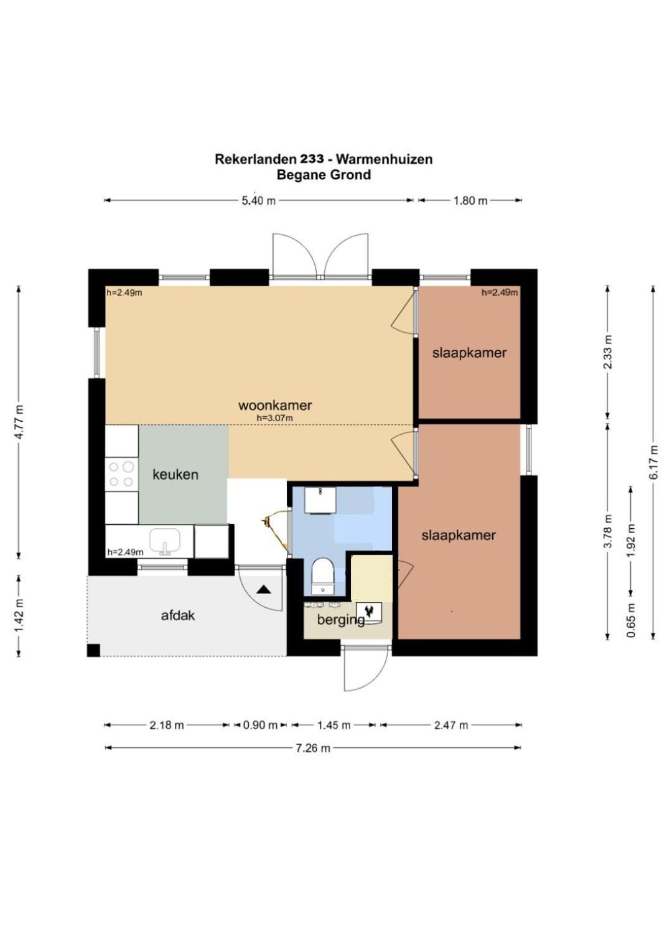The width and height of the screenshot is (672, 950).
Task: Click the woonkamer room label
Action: click(275, 405)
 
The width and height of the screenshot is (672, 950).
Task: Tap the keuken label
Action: click(175, 475)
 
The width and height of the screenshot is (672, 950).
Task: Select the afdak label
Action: click(178, 615)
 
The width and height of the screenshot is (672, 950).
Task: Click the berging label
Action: click(340, 620)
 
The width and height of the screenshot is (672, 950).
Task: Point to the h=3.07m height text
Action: click(275, 419)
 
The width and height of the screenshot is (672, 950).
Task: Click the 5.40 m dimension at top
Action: click(258, 200)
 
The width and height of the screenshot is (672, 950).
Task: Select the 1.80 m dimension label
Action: click(470, 200)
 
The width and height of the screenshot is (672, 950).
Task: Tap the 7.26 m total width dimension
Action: click(312, 748)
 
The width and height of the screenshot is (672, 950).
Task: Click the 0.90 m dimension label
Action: click(260, 725)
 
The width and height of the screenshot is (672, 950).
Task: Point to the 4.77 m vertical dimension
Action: click(19, 422)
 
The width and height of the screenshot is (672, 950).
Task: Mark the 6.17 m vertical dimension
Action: click(653, 462)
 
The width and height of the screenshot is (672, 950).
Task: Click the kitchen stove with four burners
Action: click(121, 474)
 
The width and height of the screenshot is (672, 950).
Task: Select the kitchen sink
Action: click(165, 541)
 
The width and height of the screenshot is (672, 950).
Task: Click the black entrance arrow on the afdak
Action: click(263, 589)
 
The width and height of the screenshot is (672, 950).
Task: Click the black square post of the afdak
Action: click(93, 651)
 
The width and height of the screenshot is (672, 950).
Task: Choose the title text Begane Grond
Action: click(324, 175)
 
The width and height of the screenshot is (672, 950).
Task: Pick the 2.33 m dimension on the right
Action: click(608, 352)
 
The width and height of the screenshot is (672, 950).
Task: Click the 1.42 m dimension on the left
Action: click(19, 615)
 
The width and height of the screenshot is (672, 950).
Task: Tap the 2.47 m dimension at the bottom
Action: click(451, 725)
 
